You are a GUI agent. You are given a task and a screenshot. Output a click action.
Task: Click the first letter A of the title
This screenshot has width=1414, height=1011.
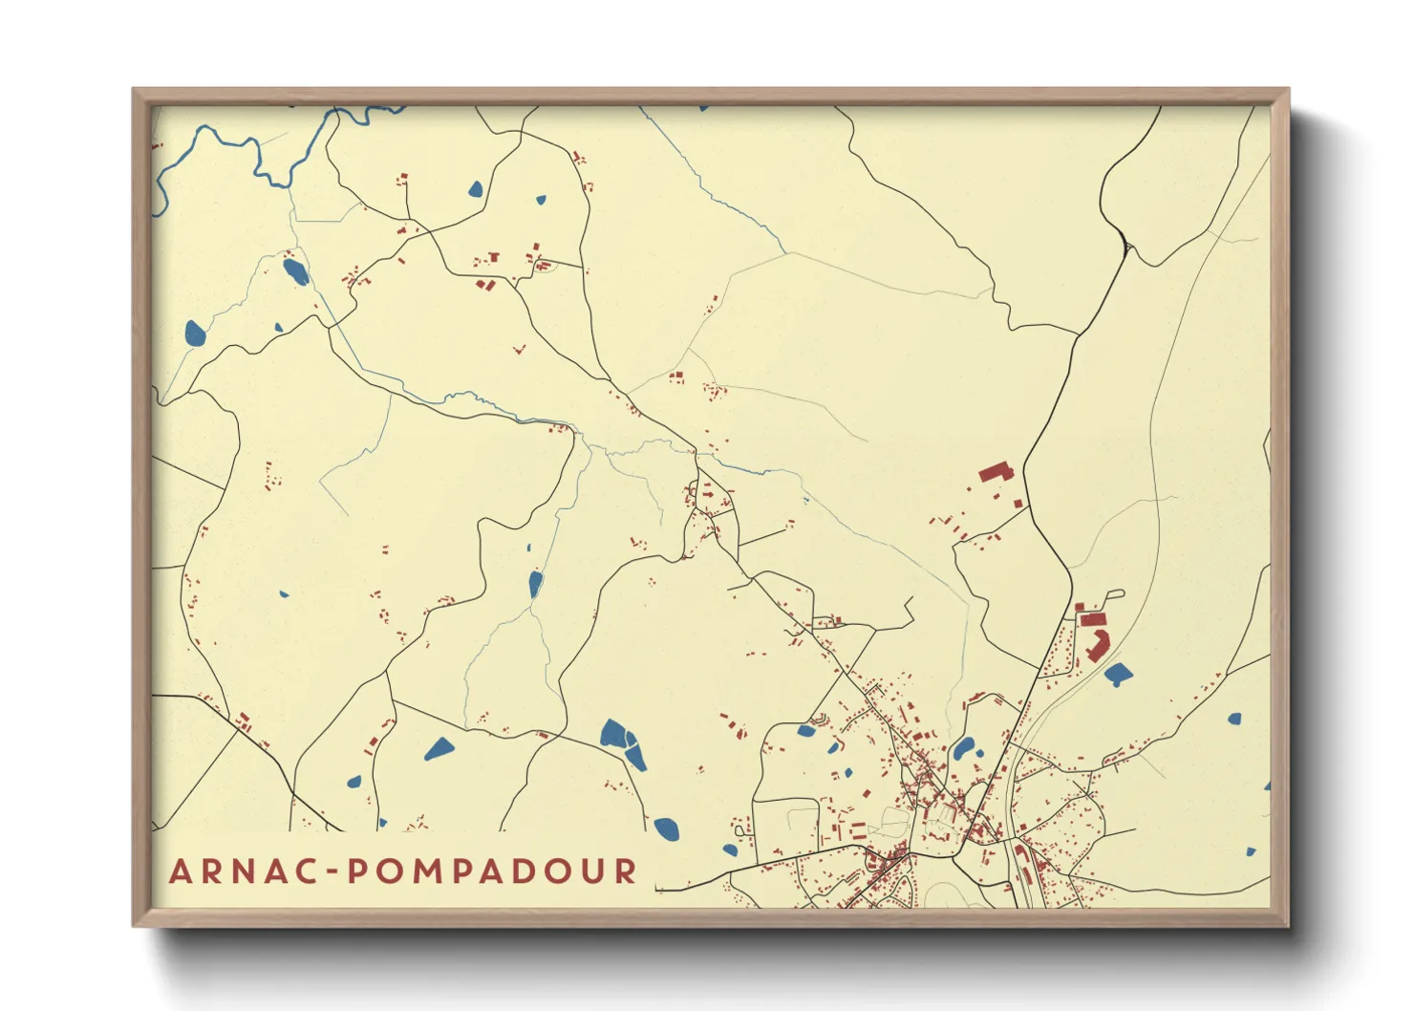[180, 871]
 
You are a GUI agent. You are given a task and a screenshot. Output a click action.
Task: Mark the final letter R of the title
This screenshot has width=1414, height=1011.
[626, 871]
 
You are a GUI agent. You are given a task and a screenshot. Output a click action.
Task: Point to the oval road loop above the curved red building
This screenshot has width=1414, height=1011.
[1111, 600]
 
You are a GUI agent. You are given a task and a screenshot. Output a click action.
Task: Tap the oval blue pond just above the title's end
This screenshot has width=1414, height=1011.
[666, 828]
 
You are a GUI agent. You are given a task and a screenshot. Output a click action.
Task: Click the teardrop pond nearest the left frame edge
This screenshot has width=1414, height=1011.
[195, 333]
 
